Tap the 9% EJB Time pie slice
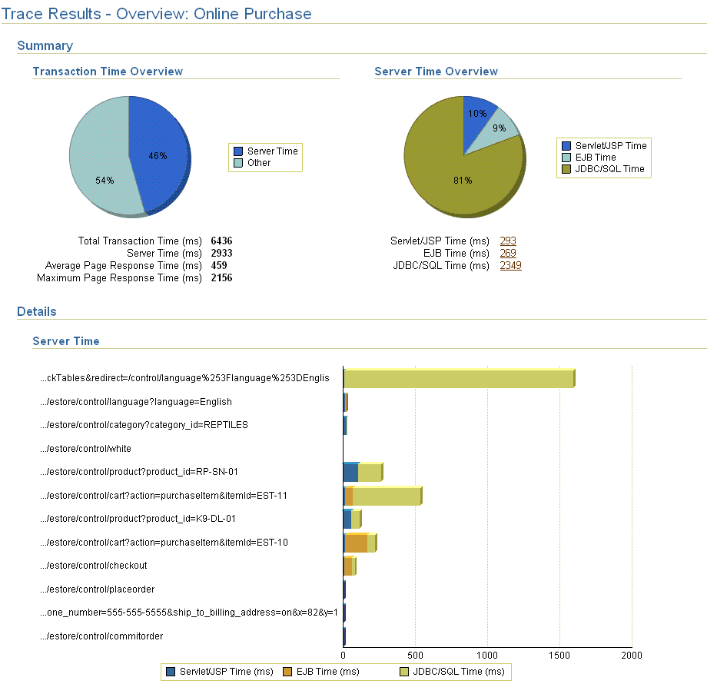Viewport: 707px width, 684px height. [x=500, y=128]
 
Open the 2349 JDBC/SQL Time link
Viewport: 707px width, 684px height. [x=510, y=266]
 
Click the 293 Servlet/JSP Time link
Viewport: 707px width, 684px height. [x=508, y=241]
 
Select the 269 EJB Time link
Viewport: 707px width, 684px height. [x=508, y=254]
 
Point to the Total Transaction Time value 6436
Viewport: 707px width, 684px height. [x=221, y=241]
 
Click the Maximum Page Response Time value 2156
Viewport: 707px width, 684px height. [x=221, y=278]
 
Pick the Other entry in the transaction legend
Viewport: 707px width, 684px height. [x=258, y=163]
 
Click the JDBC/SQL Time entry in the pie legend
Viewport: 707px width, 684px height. [x=609, y=169]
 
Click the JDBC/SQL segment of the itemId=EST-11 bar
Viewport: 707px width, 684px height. [x=386, y=496]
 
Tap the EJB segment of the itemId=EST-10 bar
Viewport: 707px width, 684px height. [x=357, y=543]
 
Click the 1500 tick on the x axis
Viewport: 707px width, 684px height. [x=559, y=656]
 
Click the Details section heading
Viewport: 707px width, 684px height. [x=37, y=312]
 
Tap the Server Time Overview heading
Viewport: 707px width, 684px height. [x=436, y=71]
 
